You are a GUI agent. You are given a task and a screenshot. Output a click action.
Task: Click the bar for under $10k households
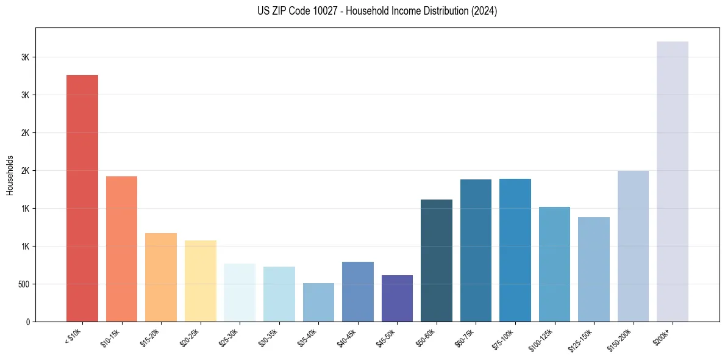(82, 198)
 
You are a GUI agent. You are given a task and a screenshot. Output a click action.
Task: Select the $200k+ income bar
(673, 181)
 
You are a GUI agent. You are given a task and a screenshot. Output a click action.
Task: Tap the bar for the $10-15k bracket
(121, 249)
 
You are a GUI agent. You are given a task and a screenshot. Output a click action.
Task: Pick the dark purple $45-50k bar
(397, 298)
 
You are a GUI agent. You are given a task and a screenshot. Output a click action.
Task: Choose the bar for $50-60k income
(437, 261)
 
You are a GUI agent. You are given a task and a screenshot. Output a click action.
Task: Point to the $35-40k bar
(318, 302)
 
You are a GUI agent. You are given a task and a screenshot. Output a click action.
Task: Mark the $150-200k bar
(633, 246)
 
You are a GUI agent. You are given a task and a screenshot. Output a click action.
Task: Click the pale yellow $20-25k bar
(200, 281)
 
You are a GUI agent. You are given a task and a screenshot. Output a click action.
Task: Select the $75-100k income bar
(515, 250)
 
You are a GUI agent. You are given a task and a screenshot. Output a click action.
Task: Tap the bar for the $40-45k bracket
(358, 292)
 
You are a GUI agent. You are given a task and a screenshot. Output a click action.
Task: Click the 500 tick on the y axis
(24, 284)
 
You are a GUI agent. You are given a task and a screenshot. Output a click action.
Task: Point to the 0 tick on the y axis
(28, 322)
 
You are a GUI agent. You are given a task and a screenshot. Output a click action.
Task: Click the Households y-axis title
(10, 175)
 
